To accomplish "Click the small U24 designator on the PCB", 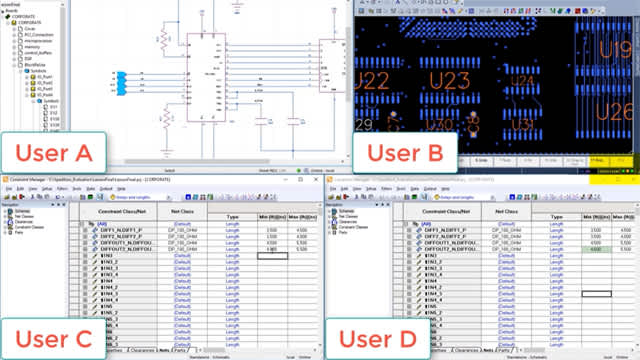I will click(x=521, y=81).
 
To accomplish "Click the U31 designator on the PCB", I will click(x=522, y=122).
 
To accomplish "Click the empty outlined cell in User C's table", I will click(x=272, y=256).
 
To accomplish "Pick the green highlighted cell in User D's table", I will click(x=598, y=250).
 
